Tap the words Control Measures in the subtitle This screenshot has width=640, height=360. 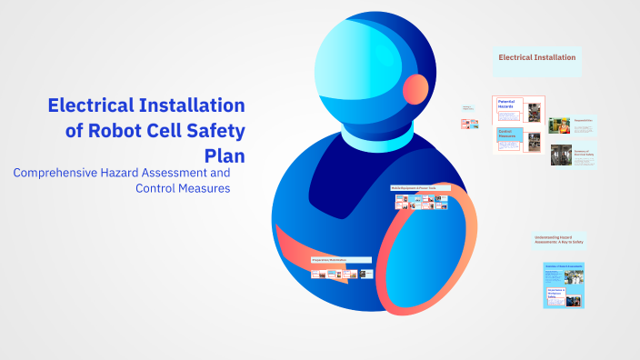point(183,188)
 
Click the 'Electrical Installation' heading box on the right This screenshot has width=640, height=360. point(536,57)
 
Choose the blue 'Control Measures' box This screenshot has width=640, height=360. point(506,135)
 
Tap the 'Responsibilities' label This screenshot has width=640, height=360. point(583,119)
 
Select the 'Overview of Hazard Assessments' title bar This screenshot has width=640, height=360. point(564,265)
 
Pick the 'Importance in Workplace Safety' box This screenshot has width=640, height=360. point(554,294)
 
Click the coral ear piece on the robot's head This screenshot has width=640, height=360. point(415,88)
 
